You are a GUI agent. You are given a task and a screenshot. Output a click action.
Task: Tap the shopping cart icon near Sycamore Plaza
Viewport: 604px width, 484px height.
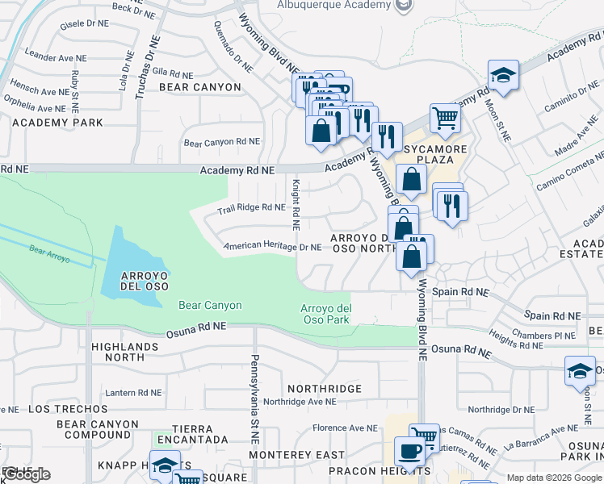445,118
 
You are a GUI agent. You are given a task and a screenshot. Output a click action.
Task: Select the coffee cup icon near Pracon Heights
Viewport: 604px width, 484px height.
409,451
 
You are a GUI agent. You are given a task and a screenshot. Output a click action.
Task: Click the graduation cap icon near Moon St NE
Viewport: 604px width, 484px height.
503,76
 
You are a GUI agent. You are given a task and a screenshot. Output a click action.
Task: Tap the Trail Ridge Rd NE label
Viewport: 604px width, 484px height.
251,208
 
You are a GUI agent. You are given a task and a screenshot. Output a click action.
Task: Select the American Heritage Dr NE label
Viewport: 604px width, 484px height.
273,247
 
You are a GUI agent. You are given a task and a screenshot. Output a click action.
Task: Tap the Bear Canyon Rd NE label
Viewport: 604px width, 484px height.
222,143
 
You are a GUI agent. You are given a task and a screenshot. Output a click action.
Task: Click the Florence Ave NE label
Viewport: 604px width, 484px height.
345,428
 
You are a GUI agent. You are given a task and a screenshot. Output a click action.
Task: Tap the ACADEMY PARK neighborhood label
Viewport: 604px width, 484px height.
57,123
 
